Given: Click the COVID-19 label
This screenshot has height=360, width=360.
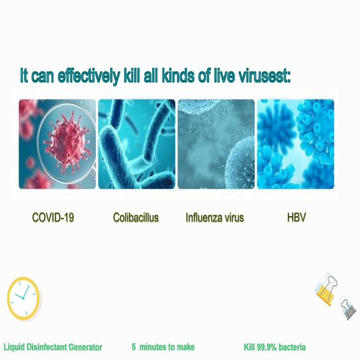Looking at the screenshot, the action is tap(53, 217).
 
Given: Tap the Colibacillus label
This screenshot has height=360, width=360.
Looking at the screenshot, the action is tap(136, 217).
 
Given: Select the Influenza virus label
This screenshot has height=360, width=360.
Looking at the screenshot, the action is tap(215, 217).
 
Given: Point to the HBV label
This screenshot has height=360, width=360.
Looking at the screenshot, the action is tap(297, 217).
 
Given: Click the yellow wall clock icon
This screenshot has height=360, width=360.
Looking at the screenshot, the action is tap(23, 298).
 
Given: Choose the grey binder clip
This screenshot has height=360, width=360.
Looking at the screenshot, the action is tap(348, 308).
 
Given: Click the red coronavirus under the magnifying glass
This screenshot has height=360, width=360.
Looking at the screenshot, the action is tap(67, 143).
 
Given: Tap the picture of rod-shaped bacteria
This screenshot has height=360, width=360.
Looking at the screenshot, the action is tap(137, 144).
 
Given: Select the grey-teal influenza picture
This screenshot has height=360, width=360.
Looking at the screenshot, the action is tap(216, 144).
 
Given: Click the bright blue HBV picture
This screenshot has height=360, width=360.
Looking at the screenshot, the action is tap(296, 144).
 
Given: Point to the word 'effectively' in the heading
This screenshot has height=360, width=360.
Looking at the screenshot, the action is tap(89, 76).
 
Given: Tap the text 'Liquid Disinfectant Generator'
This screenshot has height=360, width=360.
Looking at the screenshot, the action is tap(53, 347).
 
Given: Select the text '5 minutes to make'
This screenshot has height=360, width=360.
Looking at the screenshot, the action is tap(163, 346).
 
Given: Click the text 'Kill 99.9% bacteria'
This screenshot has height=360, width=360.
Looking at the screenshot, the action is tap(274, 347).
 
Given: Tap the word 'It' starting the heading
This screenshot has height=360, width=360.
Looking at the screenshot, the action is tap(24, 75).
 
